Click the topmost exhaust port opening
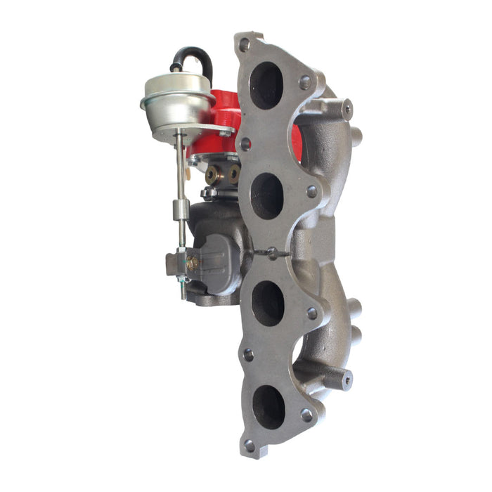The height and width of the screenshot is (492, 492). tap(266, 85)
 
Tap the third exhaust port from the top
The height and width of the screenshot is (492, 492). tap(268, 303)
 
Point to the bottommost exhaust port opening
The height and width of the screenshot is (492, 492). tap(268, 407)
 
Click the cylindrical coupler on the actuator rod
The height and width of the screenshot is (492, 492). tap(180, 209)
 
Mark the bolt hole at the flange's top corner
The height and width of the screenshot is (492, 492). tap(244, 44)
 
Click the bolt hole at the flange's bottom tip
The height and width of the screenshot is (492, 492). tap(250, 446)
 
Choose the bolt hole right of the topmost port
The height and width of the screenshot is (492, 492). tap(305, 82)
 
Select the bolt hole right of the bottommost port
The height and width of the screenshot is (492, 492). tap(306, 415)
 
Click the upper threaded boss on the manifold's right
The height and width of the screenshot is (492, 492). tap(346, 109)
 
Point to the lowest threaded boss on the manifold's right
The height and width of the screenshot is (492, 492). tap(347, 380)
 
